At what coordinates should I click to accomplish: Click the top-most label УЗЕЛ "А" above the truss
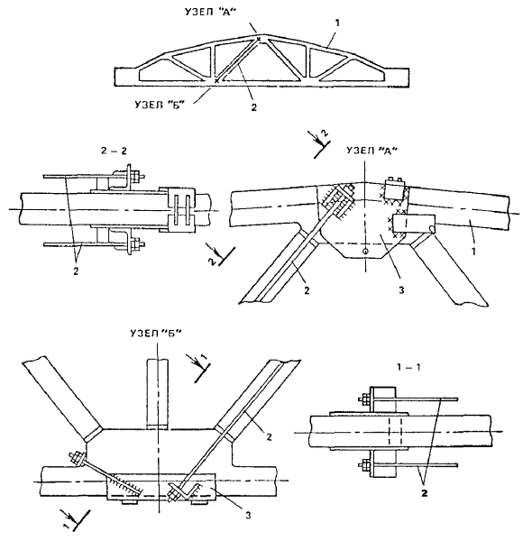(210, 13)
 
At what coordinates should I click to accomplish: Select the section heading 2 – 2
(114, 151)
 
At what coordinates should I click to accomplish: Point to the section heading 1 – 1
(408, 367)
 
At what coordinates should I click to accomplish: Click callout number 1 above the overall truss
(337, 23)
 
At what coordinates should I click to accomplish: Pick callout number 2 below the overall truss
(254, 107)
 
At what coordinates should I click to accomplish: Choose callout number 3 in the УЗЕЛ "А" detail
(401, 290)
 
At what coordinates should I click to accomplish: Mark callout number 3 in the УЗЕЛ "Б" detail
(248, 516)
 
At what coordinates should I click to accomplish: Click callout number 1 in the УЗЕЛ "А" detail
(473, 252)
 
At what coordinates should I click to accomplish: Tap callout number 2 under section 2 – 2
(76, 270)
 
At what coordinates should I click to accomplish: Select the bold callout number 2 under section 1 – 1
(425, 493)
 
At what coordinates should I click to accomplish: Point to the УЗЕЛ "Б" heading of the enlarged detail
(156, 334)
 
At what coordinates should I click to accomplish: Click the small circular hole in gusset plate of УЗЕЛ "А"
(366, 252)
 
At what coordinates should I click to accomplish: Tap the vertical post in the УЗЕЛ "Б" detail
(157, 394)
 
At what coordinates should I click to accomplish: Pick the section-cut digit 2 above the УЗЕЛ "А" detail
(325, 133)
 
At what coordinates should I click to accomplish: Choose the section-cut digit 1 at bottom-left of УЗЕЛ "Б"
(66, 525)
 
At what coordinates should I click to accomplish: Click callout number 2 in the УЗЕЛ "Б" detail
(269, 437)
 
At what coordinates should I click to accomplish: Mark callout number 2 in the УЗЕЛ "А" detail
(307, 290)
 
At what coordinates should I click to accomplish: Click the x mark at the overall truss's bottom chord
(216, 81)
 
